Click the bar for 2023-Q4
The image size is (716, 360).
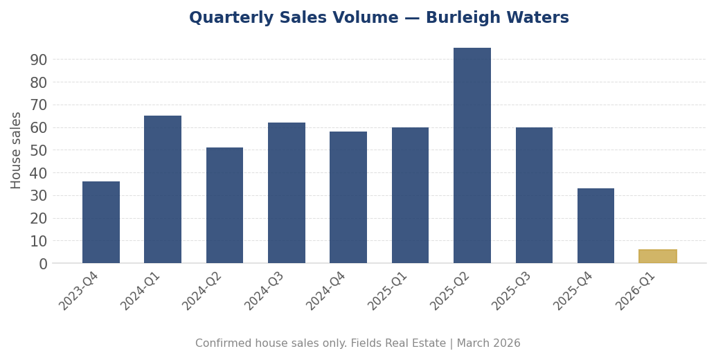click(101, 222)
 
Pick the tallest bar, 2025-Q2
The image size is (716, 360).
click(472, 155)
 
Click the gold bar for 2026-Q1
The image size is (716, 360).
click(658, 256)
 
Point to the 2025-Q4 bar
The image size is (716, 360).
click(596, 226)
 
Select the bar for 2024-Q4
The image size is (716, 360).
click(348, 197)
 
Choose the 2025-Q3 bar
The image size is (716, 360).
click(534, 195)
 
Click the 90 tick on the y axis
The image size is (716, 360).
click(39, 60)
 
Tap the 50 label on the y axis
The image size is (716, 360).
click(39, 150)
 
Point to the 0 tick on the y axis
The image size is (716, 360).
click(43, 264)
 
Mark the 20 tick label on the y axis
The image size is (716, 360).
click(39, 218)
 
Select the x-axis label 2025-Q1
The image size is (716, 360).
click(388, 291)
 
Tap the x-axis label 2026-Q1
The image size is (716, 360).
click(635, 291)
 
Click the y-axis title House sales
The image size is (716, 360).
click(17, 150)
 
